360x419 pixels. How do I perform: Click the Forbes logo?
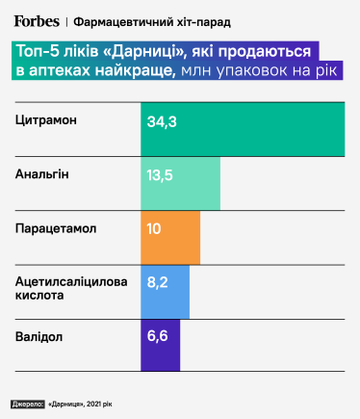point(37,18)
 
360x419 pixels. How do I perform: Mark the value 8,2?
point(157,283)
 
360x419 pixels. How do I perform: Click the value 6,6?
point(157,338)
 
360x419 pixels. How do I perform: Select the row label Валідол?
point(40,338)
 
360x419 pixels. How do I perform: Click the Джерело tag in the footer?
point(29,404)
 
